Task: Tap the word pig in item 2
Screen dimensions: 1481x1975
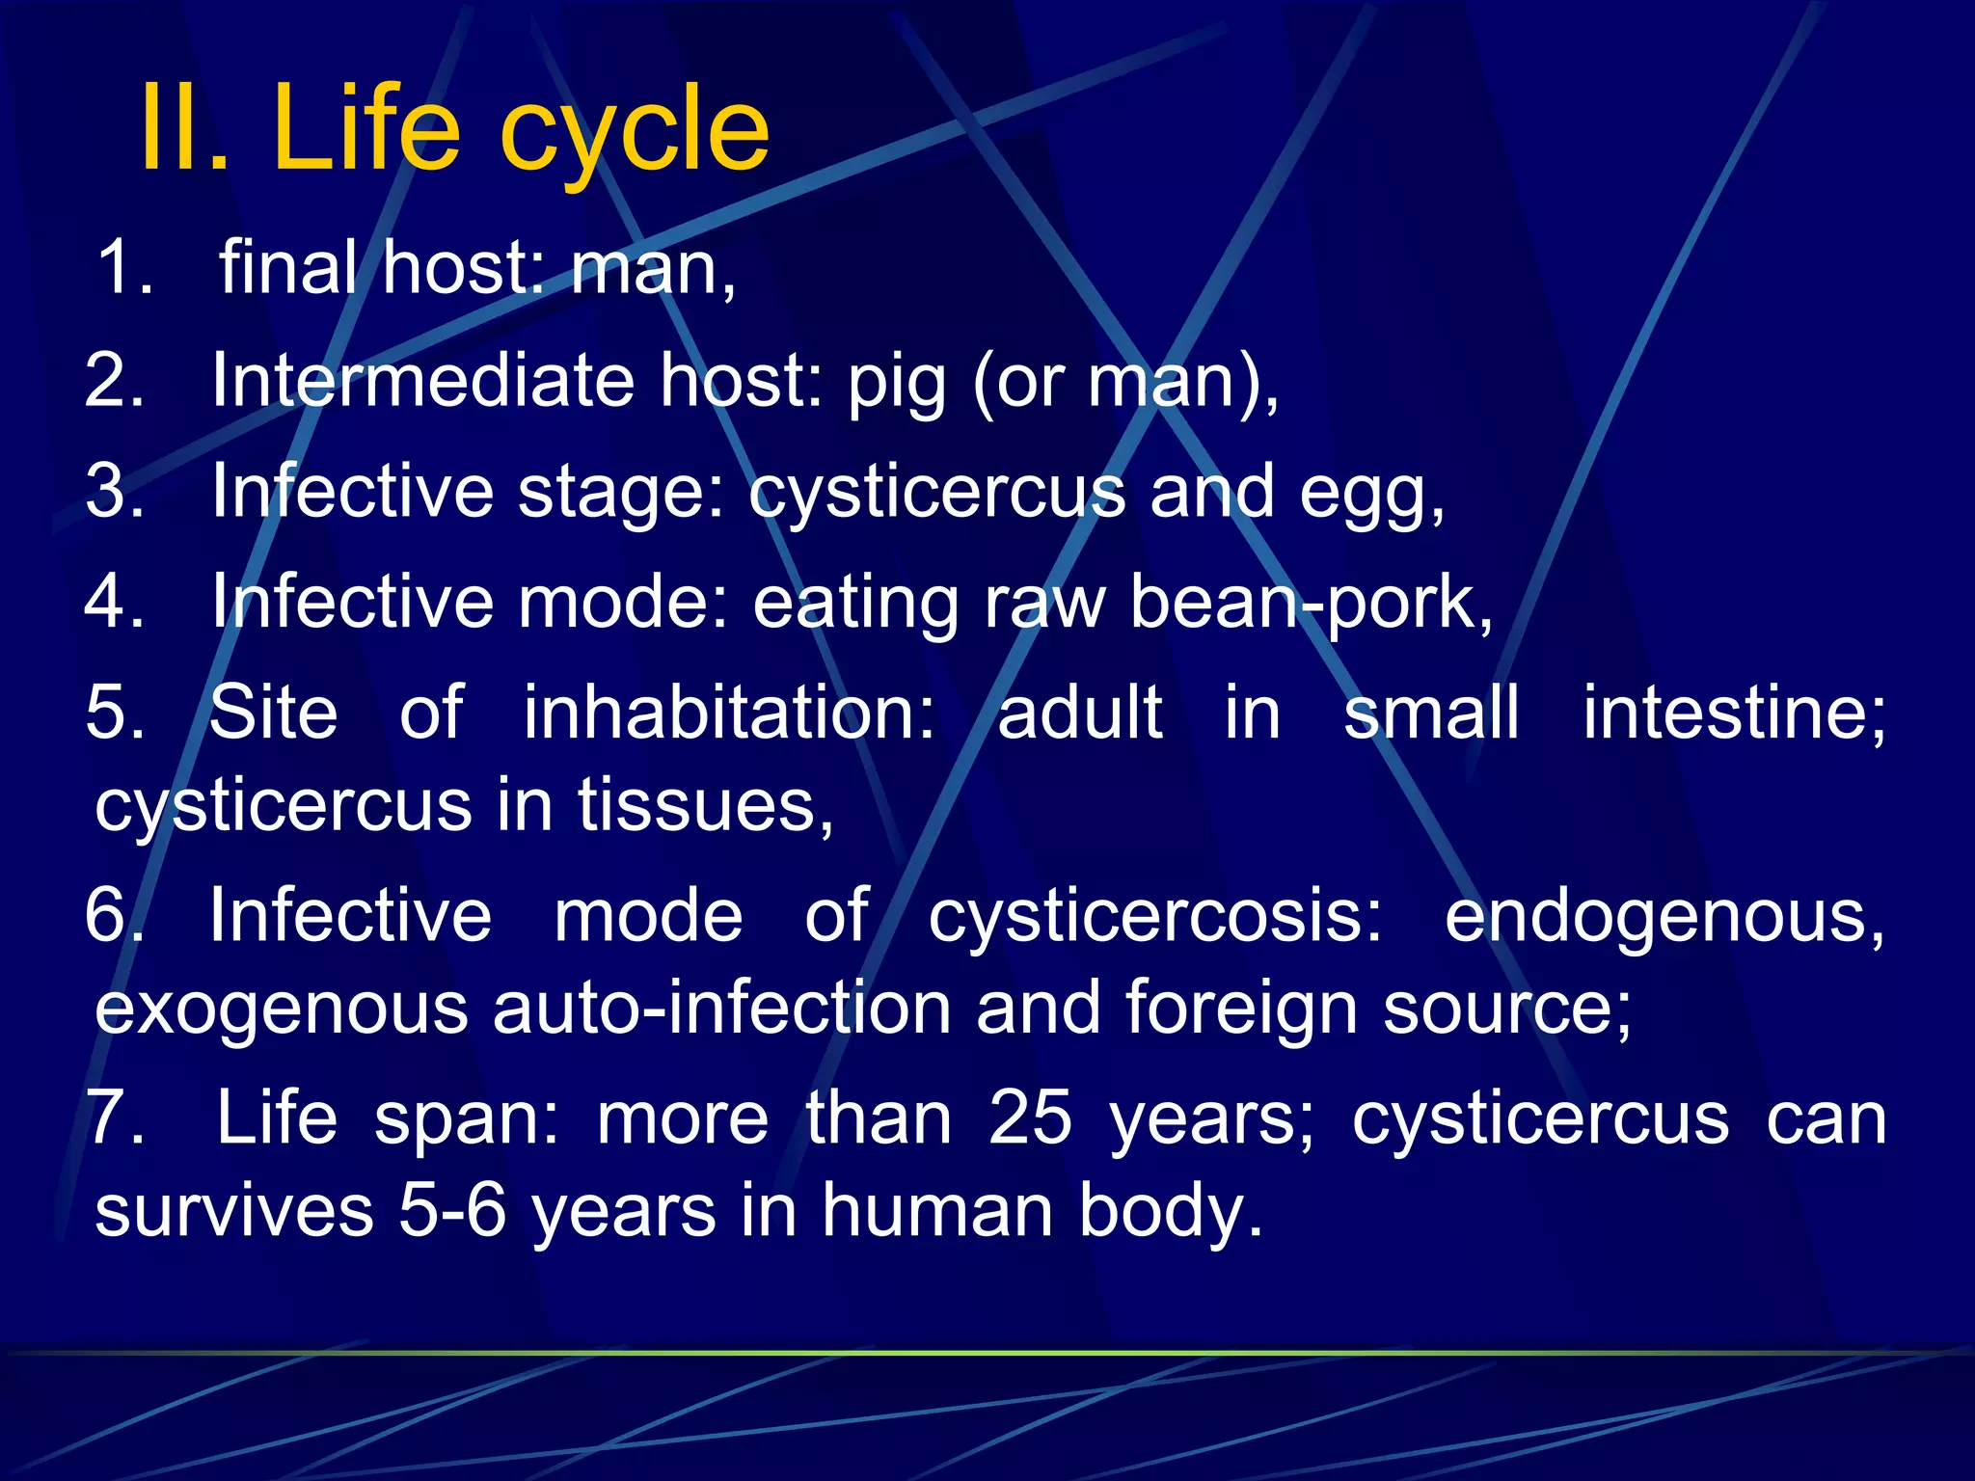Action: pos(896,383)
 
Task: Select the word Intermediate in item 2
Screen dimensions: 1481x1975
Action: pos(422,380)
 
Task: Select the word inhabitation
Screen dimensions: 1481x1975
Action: pos(728,714)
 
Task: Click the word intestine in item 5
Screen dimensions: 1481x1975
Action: pos(1733,714)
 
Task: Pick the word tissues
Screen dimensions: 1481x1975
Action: pos(704,806)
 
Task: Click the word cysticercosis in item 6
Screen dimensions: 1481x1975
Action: pos(1153,917)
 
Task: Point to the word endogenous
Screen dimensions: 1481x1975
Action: pos(1664,917)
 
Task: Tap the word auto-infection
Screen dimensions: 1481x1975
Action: pos(720,1009)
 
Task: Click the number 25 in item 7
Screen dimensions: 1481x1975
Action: pos(1030,1119)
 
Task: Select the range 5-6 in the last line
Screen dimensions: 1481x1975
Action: pos(452,1211)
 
